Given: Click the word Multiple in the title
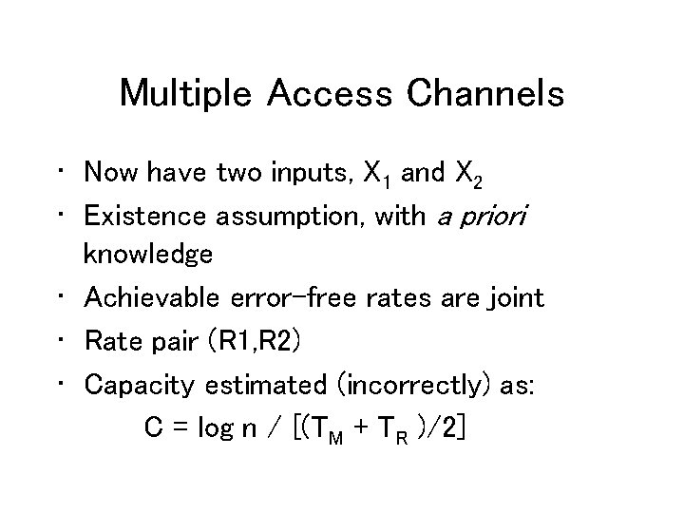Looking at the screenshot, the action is (x=186, y=94).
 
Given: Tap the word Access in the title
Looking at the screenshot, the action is (x=329, y=94).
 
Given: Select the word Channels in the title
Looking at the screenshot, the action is (x=484, y=94).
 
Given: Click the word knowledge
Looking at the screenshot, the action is (x=147, y=256).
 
